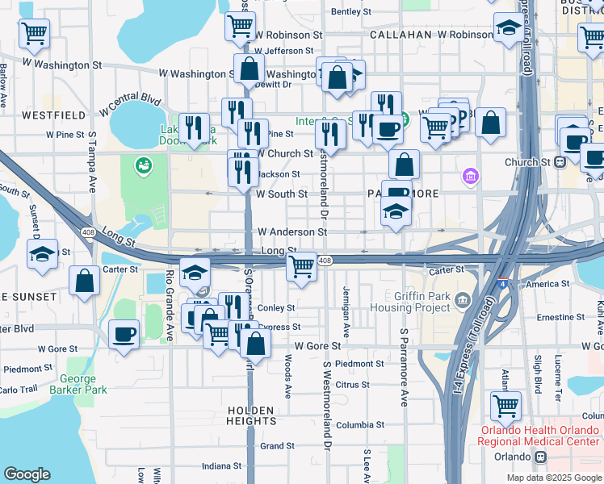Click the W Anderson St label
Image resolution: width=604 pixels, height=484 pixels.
[x=292, y=232]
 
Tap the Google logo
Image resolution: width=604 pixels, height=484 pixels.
[x=27, y=474]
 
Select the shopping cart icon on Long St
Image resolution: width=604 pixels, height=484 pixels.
[x=301, y=266]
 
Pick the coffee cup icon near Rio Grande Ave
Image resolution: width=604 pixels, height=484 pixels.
[x=124, y=333]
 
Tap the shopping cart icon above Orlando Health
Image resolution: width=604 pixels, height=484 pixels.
[x=505, y=406]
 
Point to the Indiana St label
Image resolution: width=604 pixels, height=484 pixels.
[x=221, y=465]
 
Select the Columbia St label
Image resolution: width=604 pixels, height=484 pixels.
[x=360, y=425]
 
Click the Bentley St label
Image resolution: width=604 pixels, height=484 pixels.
[x=350, y=12]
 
